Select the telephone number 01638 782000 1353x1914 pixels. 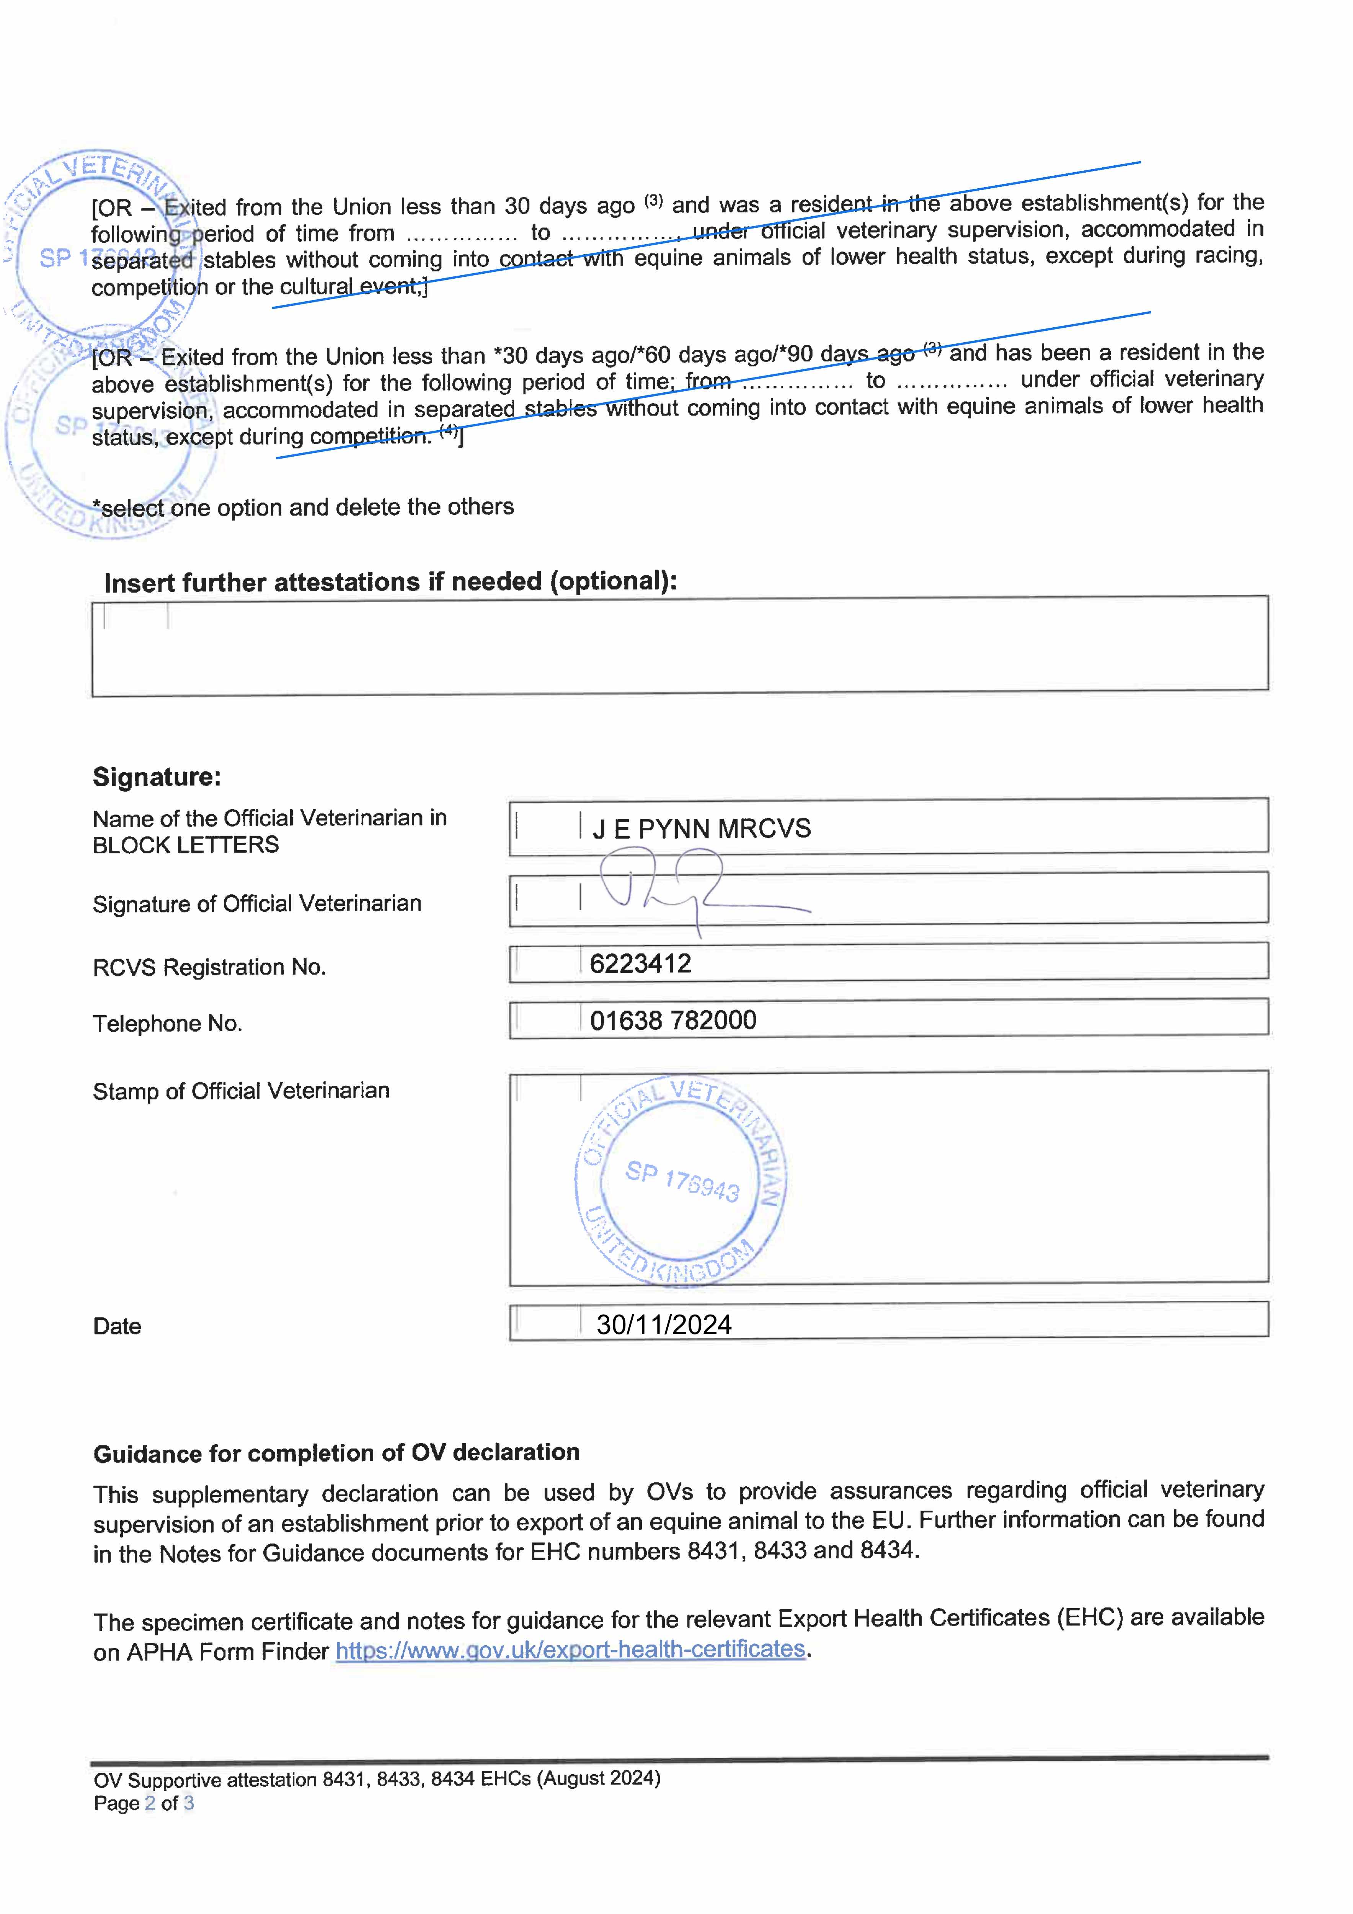(673, 1021)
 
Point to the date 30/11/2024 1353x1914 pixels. (664, 1324)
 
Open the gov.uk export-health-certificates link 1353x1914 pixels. (570, 1650)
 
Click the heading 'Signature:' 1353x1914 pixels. (157, 777)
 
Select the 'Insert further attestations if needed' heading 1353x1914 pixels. (390, 582)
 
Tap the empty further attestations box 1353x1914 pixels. (679, 646)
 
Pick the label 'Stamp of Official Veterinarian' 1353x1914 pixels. (241, 1091)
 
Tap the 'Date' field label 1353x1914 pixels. (117, 1326)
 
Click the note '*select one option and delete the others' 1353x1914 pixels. (304, 507)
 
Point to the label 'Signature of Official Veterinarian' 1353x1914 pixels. (257, 904)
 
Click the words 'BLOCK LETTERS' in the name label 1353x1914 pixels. (185, 845)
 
